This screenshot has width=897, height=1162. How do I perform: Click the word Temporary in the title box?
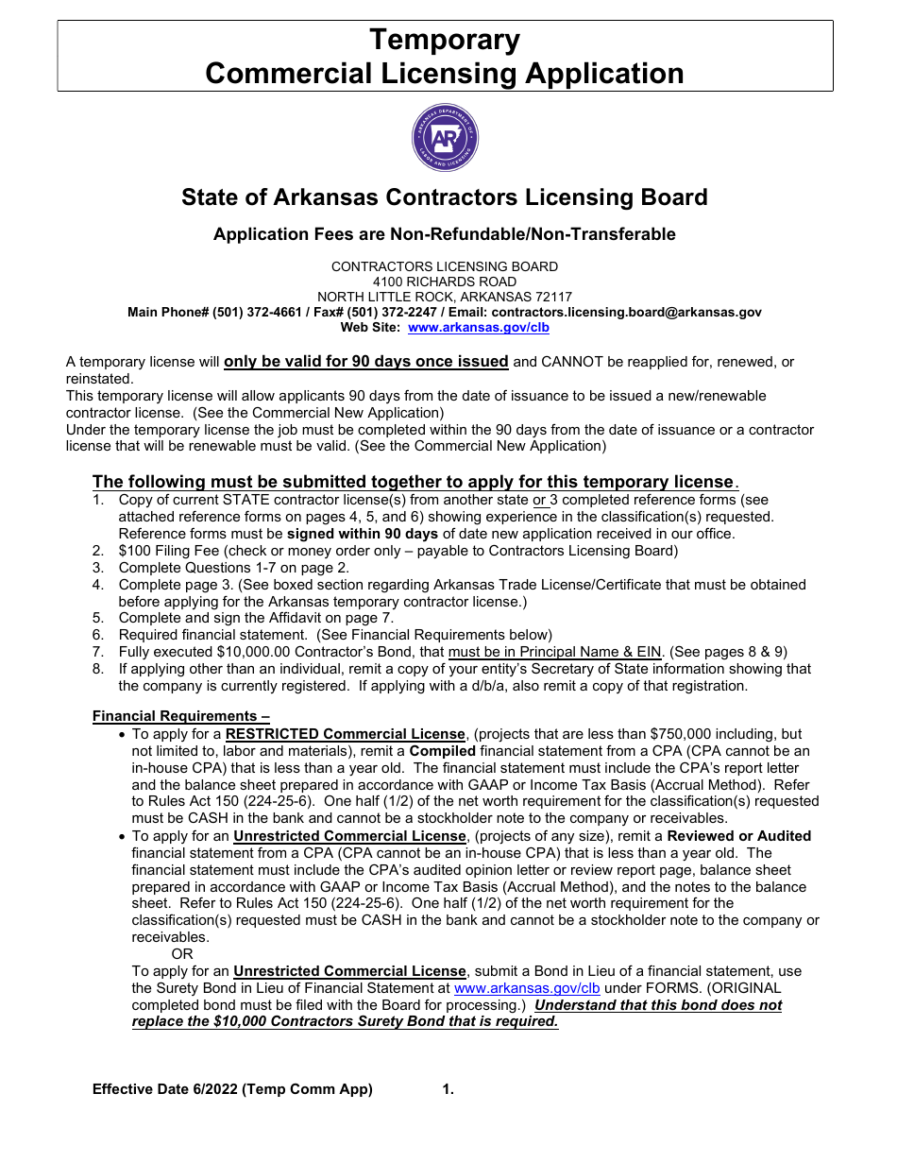coord(445,41)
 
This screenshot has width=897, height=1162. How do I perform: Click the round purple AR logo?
coord(445,138)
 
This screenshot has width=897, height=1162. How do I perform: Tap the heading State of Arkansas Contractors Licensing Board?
coord(445,197)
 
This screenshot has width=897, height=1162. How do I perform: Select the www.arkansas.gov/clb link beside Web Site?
coord(478,328)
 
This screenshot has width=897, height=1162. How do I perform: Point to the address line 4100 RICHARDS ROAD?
coord(445,282)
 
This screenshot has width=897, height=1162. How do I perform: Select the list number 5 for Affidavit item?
coord(97,619)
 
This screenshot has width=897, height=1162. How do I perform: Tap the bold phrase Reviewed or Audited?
coord(738,836)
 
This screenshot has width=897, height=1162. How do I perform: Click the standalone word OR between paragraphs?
coord(181,954)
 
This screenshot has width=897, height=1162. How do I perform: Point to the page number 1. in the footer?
coord(448,1089)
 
